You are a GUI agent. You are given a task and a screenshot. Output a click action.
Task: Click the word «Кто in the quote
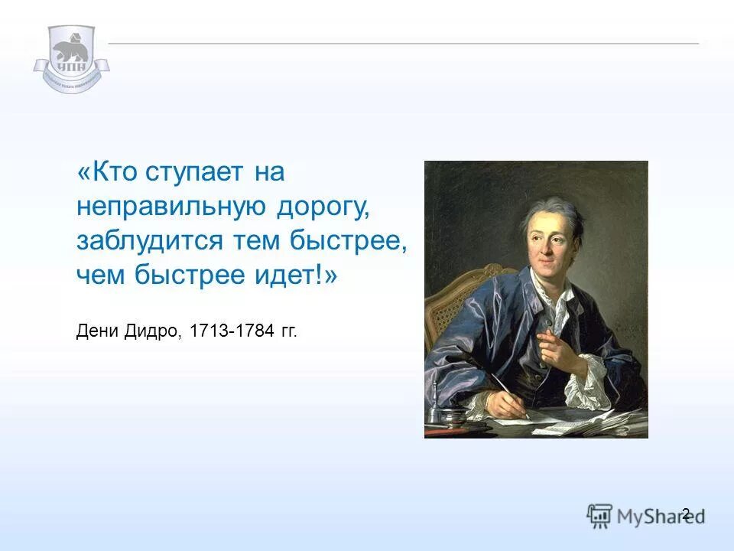coord(108,172)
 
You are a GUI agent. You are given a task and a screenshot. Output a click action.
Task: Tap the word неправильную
coord(171,207)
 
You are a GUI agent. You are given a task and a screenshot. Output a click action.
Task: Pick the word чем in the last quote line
coord(100,275)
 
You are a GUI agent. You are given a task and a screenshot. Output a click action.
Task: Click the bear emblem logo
coord(71,58)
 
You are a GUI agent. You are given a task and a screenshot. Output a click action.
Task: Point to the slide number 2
coord(685,514)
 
